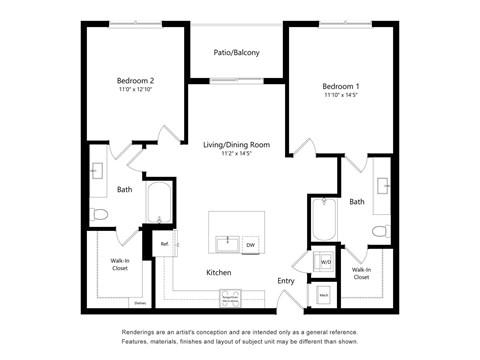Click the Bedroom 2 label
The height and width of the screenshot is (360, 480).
(136, 80)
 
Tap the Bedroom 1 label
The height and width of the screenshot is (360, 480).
(340, 86)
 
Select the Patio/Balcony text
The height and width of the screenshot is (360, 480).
(237, 52)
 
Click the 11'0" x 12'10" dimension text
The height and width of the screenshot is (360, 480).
(136, 90)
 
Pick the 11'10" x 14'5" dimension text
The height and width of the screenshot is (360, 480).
(340, 96)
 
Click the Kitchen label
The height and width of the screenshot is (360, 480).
(219, 272)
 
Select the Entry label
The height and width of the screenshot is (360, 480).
(286, 281)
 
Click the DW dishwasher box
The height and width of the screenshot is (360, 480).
(250, 245)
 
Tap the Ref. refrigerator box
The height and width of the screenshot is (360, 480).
(164, 244)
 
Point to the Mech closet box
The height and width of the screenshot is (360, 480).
(324, 295)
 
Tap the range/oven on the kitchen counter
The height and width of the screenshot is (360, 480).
(234, 298)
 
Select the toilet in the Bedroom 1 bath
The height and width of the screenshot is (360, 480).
(379, 231)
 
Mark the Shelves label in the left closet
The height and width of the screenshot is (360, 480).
(139, 303)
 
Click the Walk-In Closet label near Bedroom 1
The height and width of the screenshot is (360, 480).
(361, 273)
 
